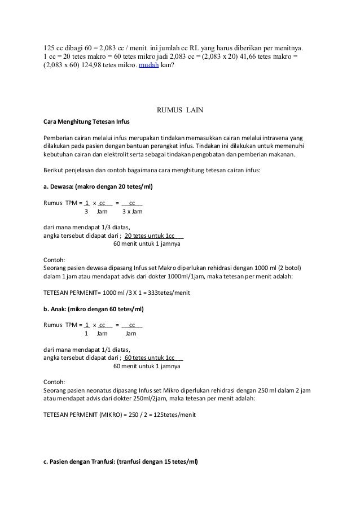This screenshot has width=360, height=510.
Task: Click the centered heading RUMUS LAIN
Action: [x=179, y=109]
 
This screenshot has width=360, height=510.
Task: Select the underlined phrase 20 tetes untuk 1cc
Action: [x=150, y=236]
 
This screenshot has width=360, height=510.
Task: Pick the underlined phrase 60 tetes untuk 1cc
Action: [x=150, y=358]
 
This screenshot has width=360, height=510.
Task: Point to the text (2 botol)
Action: [x=289, y=268]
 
